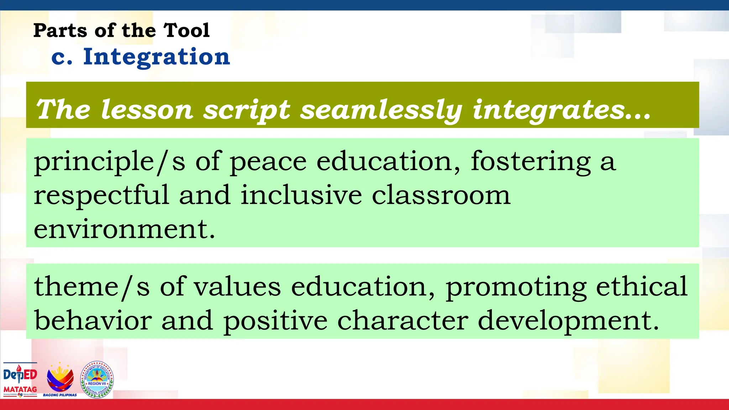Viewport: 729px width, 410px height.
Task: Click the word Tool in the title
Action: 186,30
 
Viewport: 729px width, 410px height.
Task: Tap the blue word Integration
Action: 157,57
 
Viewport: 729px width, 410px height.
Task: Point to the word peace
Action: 268,162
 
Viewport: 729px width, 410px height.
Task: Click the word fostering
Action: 531,162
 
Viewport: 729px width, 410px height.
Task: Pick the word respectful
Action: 101,195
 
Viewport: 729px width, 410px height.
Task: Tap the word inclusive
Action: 301,195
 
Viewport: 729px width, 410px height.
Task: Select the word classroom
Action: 441,195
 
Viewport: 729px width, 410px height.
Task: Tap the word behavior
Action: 93,320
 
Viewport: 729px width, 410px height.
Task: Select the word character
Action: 403,320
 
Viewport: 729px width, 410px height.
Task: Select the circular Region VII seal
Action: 97,379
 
